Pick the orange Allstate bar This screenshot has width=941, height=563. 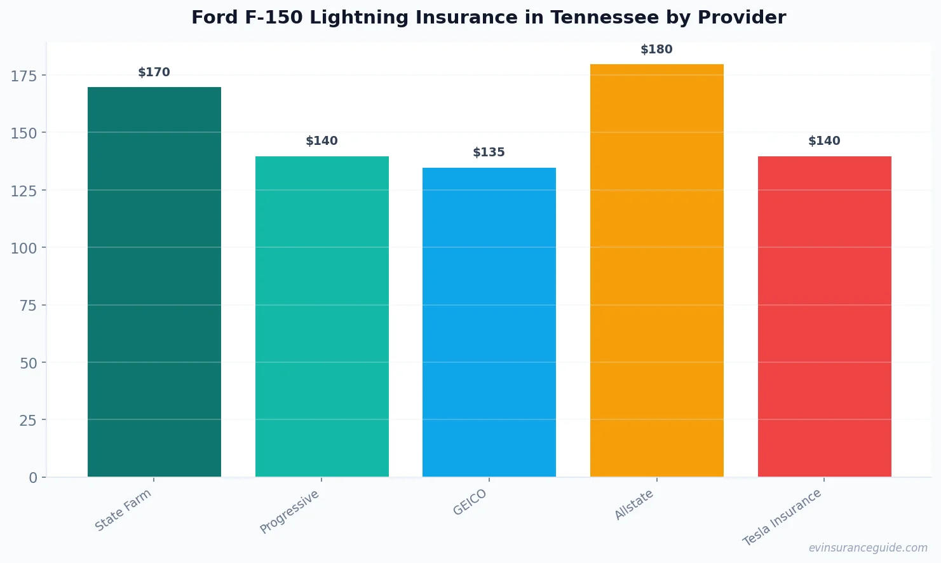[656, 270]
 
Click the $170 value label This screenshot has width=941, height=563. [154, 72]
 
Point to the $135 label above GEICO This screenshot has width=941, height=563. [489, 153]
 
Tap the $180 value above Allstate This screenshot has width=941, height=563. [656, 50]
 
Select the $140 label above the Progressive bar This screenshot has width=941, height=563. [322, 141]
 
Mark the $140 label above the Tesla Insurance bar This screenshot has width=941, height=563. [824, 141]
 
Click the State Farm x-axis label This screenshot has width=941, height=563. [123, 510]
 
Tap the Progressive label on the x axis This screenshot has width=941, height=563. [290, 512]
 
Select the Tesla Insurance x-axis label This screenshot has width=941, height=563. [782, 517]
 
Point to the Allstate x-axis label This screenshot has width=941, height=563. [634, 505]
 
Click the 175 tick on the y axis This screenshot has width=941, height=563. [24, 76]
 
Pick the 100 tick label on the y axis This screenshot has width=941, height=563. [24, 248]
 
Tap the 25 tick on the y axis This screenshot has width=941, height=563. [28, 421]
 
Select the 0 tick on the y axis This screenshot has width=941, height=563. [33, 478]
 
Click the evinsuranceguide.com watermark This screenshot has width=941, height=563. [868, 548]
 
